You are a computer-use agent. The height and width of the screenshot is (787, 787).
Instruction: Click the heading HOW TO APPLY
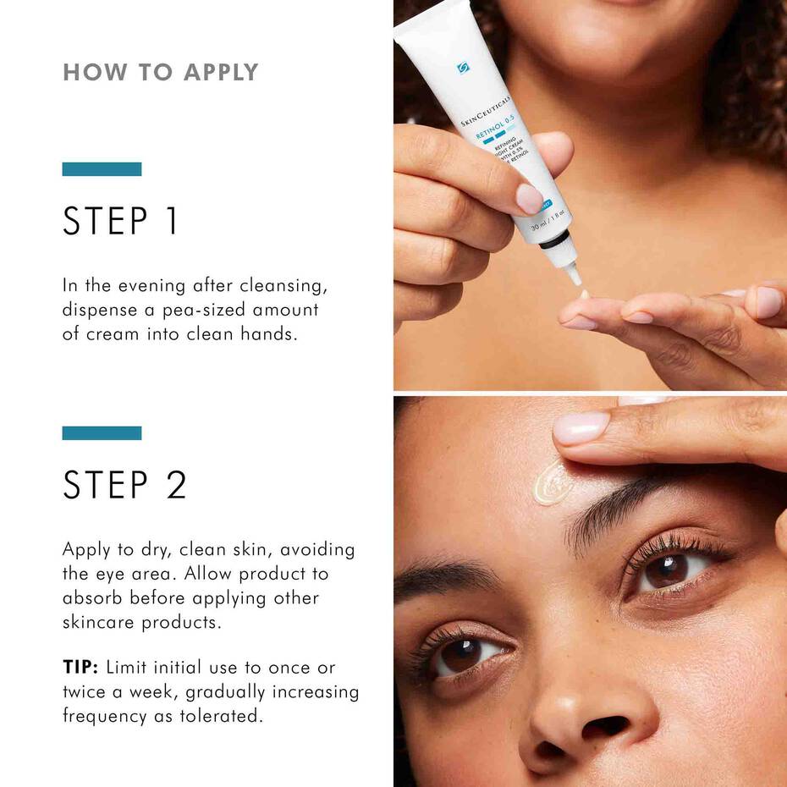point(160,73)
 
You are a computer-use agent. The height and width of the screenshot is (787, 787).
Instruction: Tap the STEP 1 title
point(120,222)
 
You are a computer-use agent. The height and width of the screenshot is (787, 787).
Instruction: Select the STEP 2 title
point(124,485)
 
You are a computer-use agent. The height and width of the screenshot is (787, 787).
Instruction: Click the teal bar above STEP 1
point(102,169)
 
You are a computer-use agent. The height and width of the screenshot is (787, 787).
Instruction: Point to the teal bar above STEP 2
point(102,433)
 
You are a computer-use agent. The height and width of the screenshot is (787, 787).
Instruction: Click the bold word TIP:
point(80,668)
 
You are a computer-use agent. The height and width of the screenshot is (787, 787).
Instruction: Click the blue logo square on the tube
point(463,68)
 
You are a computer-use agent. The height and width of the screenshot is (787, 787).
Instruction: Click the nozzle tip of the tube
point(575,276)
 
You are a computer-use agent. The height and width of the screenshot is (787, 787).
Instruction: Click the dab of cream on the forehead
point(551,482)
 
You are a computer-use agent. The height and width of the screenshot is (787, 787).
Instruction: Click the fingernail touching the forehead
point(581,428)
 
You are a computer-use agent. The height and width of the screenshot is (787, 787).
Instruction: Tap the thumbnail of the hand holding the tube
point(530,199)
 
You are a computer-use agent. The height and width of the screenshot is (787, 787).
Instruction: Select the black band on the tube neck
point(556,242)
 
